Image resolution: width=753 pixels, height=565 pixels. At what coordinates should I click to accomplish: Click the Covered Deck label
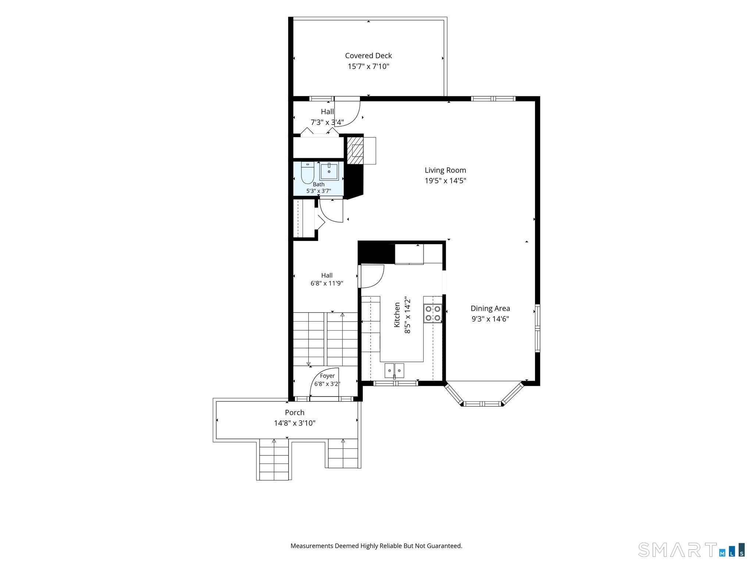click(368, 56)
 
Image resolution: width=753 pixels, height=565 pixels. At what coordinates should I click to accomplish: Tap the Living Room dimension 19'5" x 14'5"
click(446, 181)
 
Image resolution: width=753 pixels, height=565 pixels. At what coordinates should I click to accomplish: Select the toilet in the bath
click(307, 173)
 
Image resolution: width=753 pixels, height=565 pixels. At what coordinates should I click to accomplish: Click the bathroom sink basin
click(329, 172)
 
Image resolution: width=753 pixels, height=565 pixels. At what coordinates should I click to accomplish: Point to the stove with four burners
click(433, 313)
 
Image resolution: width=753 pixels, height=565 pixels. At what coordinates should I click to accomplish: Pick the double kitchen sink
click(394, 370)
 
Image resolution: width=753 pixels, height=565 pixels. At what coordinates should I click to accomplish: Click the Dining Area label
click(490, 308)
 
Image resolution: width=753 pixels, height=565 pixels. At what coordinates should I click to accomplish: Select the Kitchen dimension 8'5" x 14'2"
click(407, 315)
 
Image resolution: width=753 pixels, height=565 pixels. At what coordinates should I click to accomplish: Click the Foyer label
click(327, 376)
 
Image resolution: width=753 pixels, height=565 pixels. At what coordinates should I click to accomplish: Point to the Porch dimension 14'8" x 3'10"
click(295, 423)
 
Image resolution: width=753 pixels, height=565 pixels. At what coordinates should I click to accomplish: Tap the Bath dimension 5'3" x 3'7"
click(319, 191)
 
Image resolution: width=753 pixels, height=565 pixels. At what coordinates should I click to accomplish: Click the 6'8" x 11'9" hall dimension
click(327, 283)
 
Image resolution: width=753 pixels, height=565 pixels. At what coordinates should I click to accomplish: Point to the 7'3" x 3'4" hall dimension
click(327, 122)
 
